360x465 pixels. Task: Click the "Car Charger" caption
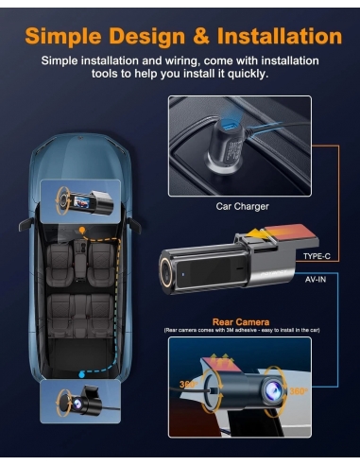click(x=243, y=205)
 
